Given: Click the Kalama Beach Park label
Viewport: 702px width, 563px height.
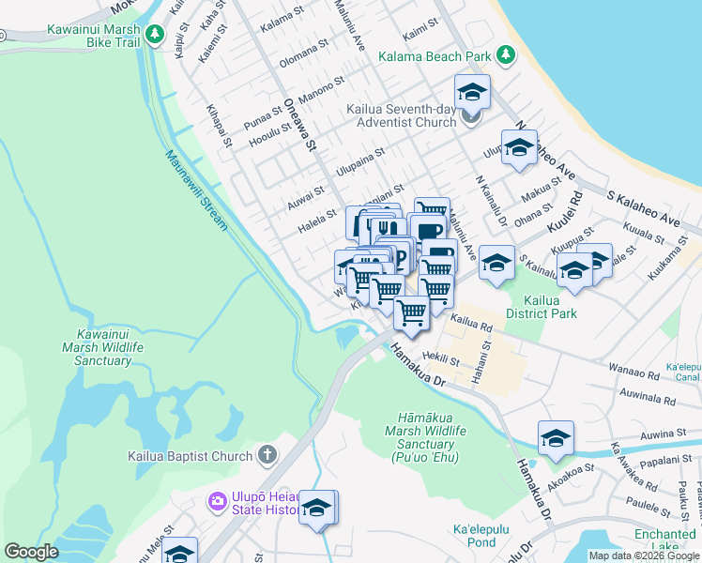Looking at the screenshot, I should (x=435, y=57).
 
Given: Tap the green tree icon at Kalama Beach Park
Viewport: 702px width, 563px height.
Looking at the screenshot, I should (x=507, y=55).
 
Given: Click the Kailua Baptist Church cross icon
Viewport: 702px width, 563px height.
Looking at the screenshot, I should (x=267, y=456).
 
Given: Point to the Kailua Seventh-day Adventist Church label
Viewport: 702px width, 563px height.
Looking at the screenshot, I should (x=401, y=115).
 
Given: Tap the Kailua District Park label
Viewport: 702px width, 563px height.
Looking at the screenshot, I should (x=542, y=307).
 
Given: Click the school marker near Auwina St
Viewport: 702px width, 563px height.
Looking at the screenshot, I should (x=556, y=439).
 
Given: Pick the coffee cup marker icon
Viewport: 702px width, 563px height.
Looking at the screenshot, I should (x=428, y=231).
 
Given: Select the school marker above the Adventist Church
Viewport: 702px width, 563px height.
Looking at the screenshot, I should (x=472, y=92).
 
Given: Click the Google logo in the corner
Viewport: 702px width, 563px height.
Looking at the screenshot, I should (x=32, y=552).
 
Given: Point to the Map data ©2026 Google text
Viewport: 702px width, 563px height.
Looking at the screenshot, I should (x=644, y=555).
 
